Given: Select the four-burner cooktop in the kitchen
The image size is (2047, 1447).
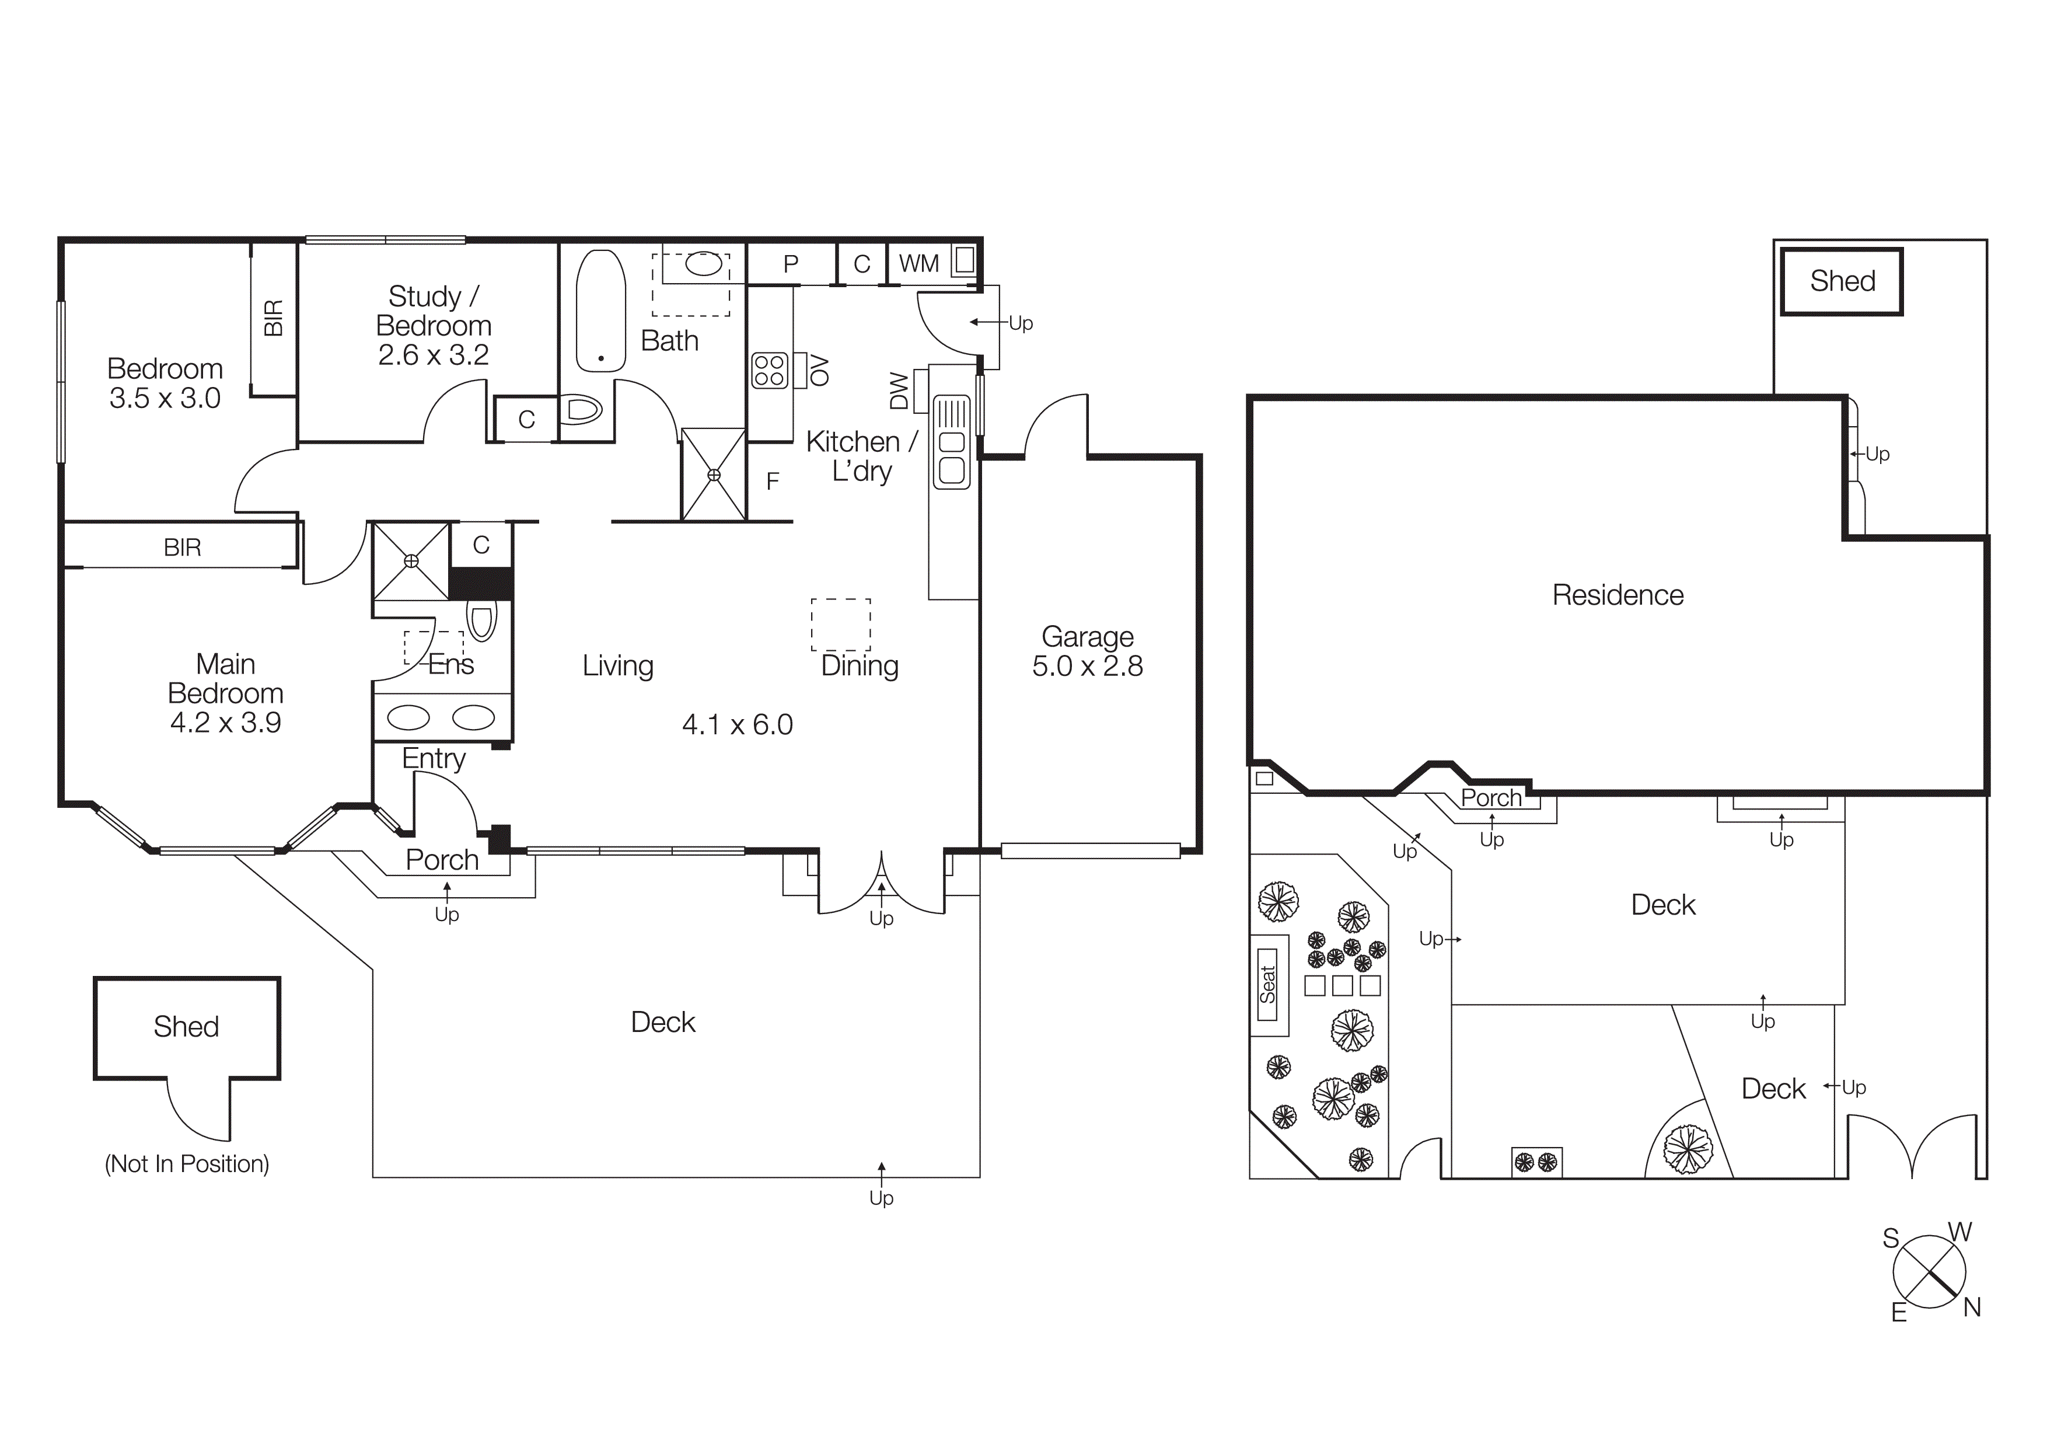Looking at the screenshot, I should pyautogui.click(x=770, y=370).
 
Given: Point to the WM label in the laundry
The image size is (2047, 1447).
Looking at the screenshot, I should pyautogui.click(x=918, y=264).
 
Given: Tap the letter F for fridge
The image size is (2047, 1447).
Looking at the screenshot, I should pyautogui.click(x=773, y=482).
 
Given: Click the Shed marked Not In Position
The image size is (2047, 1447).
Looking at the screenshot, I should pyautogui.click(x=186, y=1027).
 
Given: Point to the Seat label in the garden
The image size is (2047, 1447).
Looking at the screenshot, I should pyautogui.click(x=1268, y=984).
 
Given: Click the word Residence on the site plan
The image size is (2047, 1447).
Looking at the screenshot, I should pyautogui.click(x=1618, y=595).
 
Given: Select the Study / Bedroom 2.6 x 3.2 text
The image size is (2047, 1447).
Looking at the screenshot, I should pyautogui.click(x=434, y=326).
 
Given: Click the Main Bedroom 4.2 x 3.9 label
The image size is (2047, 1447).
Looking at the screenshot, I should pyautogui.click(x=226, y=693).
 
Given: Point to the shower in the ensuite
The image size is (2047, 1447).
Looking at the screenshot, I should pyautogui.click(x=411, y=561).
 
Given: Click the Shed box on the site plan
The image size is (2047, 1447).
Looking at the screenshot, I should pyautogui.click(x=1842, y=281).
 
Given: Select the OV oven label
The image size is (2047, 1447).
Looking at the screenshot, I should pyautogui.click(x=819, y=370).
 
